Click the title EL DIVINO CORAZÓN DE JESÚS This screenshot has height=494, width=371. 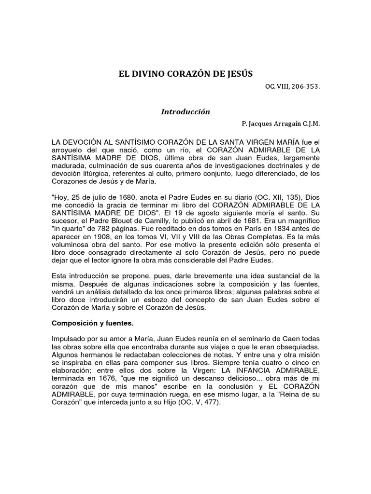(x=185, y=74)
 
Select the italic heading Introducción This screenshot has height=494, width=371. (x=185, y=111)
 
